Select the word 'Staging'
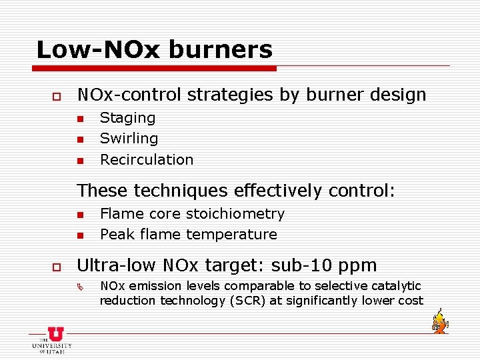tap(127, 118)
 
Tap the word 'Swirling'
tap(129, 139)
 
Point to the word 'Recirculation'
tap(147, 159)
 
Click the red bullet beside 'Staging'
tap(79, 119)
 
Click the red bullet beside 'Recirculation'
tap(79, 161)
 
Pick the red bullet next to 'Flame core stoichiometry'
tap(79, 215)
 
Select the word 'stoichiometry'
tap(235, 214)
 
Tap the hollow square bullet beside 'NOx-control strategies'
tap(48, 97)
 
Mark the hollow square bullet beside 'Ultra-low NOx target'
tap(48, 267)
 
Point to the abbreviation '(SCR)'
tap(247, 301)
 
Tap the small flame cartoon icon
tap(439, 321)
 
